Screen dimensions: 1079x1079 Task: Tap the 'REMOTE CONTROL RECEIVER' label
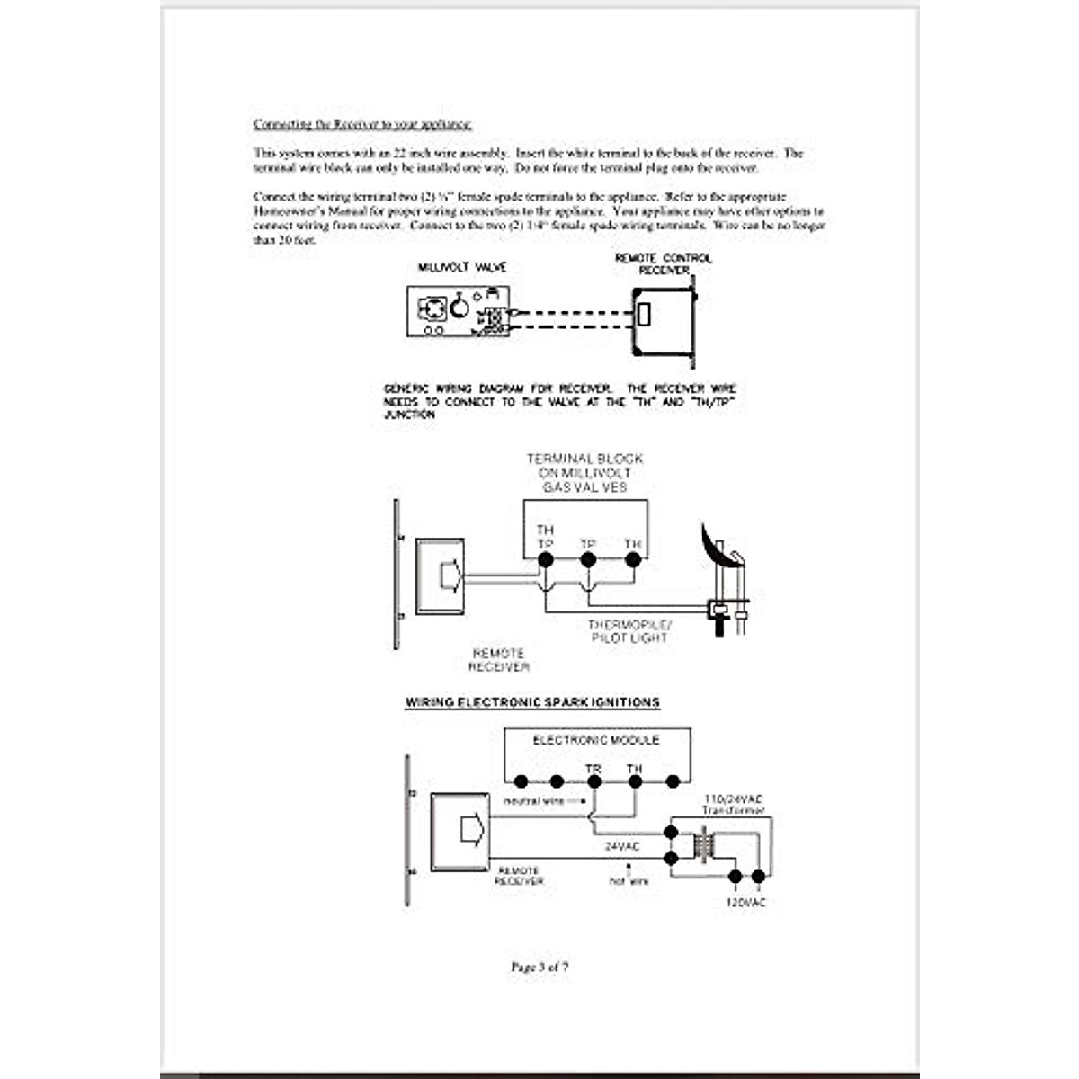(664, 264)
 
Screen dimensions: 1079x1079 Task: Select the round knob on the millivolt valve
(459, 308)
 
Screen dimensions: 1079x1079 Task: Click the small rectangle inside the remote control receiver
(644, 316)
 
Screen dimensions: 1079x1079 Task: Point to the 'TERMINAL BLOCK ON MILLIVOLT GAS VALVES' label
(584, 473)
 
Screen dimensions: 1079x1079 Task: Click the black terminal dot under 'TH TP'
(545, 560)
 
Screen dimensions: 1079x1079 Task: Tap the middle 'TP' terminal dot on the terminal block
(588, 560)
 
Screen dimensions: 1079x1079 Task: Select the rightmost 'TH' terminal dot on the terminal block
(632, 560)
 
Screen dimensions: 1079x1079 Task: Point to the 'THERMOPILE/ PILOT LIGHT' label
(629, 631)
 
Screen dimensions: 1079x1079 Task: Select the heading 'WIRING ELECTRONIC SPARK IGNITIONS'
(532, 702)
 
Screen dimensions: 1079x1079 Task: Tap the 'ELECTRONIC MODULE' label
(596, 741)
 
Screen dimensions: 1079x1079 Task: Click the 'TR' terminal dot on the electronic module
(593, 781)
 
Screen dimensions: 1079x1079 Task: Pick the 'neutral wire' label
(533, 801)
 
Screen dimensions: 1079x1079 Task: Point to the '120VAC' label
(746, 902)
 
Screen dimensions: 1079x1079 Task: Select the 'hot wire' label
(629, 881)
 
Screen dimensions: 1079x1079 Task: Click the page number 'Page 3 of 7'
(539, 968)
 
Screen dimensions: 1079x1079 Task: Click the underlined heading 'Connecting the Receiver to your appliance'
(362, 124)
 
